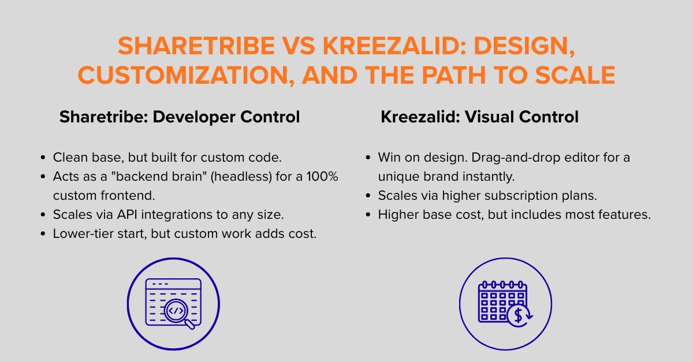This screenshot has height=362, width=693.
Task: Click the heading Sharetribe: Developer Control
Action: point(180,117)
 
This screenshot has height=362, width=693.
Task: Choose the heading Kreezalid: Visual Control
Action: point(479,117)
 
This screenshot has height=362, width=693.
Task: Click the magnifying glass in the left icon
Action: point(177,312)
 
